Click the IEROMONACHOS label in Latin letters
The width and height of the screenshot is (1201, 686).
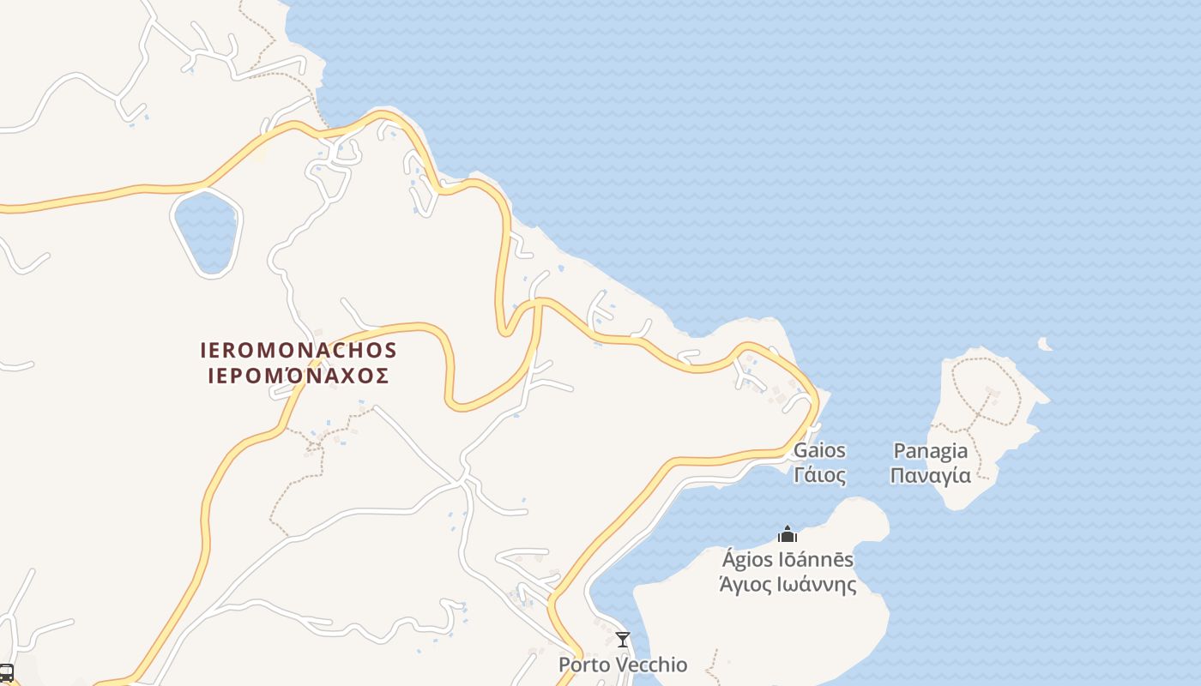click(299, 350)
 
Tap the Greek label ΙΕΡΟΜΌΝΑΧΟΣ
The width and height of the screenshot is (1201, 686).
click(299, 376)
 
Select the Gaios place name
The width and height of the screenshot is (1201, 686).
click(819, 450)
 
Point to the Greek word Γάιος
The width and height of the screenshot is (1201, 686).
click(819, 474)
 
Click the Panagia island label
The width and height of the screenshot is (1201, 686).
click(931, 451)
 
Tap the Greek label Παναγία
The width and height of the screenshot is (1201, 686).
click(931, 475)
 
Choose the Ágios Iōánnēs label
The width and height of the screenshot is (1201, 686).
click(788, 560)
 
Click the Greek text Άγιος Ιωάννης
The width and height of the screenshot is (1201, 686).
click(788, 584)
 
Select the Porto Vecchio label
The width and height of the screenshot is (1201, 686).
click(623, 665)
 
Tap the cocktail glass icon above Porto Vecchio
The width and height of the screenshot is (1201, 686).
click(623, 640)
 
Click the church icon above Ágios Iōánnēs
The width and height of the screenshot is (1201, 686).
click(788, 535)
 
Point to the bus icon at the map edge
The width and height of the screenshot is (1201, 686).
click(5, 672)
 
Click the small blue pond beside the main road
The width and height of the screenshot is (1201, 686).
click(206, 232)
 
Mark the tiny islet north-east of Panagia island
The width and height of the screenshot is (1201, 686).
click(1045, 344)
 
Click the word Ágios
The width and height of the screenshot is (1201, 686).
click(746, 560)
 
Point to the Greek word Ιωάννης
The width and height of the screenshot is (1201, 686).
click(818, 584)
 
